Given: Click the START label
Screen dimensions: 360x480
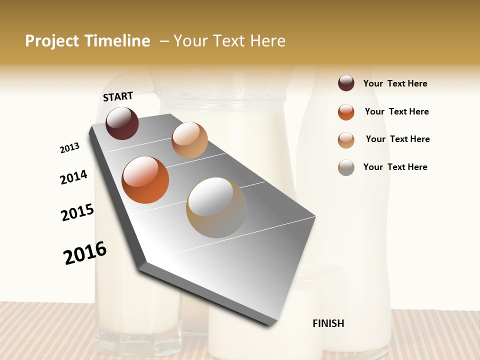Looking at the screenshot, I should pos(118,96).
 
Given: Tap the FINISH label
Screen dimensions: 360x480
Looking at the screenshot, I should pos(328,323).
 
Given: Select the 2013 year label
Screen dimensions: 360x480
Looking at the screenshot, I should pos(69,148).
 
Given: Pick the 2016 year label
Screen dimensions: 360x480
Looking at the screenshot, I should pos(85,253).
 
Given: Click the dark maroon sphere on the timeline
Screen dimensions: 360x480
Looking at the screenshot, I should pos(122,123).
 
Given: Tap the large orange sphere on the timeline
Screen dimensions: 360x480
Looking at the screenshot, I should pos(145,180).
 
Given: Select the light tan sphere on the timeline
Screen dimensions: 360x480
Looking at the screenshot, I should pos(189,140).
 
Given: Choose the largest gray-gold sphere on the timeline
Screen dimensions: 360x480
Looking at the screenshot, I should pos(216,207).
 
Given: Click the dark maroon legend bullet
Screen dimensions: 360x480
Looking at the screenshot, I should pos(346,83).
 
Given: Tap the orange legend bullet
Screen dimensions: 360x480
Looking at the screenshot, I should pos(346,112).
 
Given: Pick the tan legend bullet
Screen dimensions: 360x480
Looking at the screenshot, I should pos(346,140).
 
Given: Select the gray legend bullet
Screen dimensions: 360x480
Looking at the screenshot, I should pos(346,167).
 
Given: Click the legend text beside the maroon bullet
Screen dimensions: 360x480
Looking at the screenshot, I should pos(395,84).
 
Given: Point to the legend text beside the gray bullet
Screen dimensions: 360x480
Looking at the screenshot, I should pos(395,167).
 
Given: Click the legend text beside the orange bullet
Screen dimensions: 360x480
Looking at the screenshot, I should pos(396,111).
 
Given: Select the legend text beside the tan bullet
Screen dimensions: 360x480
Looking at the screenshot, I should pos(397,139).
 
